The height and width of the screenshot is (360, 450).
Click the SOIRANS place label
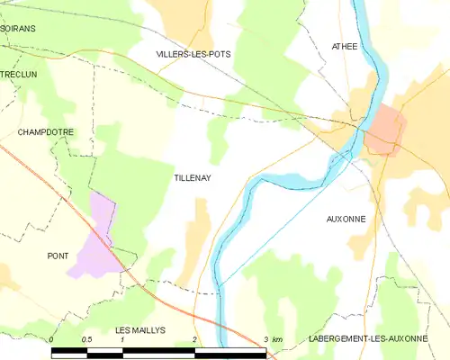pyautogui.click(x=18, y=29)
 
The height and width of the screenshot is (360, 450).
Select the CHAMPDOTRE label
pyautogui.click(x=45, y=132)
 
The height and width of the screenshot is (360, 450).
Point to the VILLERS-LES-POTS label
pyautogui.click(x=193, y=54)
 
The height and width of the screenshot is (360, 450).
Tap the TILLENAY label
pyautogui.click(x=192, y=179)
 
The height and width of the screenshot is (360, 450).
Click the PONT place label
pyautogui.click(x=58, y=256)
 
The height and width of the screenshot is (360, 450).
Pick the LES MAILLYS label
pyautogui.click(x=141, y=330)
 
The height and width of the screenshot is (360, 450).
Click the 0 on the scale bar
pyautogui.click(x=52, y=339)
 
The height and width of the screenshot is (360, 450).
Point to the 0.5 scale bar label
pyautogui.click(x=86, y=339)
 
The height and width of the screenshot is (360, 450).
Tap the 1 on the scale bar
pyautogui.click(x=121, y=339)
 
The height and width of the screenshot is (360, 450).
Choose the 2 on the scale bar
pyautogui.click(x=194, y=339)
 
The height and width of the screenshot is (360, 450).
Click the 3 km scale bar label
pyautogui.click(x=273, y=339)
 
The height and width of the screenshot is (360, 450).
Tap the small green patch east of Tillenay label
pyautogui.click(x=216, y=139)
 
